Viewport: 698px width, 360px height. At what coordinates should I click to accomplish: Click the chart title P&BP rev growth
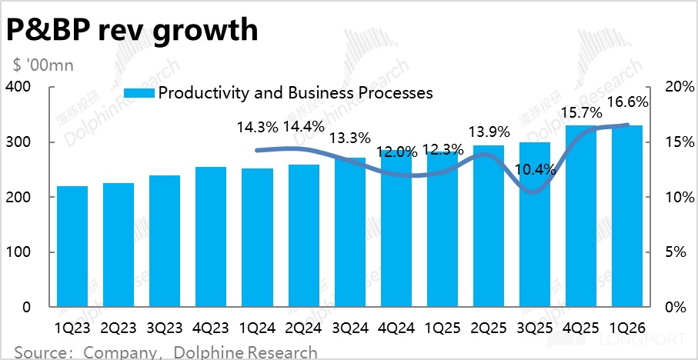tap(132, 30)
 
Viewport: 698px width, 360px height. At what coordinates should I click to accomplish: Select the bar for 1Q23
tap(72, 246)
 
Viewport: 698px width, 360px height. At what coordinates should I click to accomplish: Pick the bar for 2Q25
tap(489, 226)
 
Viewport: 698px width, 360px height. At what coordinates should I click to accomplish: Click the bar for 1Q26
tap(627, 216)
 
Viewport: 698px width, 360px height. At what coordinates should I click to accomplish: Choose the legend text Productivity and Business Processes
tap(296, 93)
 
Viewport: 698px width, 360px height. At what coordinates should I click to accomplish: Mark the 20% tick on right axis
tap(674, 87)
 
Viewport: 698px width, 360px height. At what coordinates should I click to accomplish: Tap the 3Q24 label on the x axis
tap(350, 327)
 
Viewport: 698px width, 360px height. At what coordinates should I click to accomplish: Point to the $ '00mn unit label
tap(42, 65)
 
